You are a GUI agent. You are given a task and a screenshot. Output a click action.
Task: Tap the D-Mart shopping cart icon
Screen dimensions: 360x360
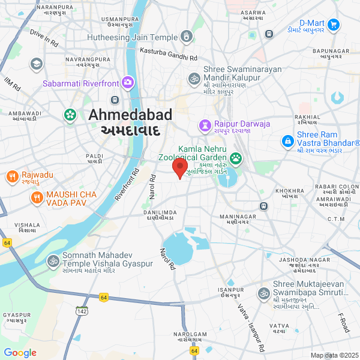(334, 25)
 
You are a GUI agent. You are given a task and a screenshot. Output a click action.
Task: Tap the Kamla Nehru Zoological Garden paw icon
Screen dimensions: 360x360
(236, 158)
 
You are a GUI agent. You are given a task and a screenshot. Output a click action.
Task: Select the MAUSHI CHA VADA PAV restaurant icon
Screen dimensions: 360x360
(37, 196)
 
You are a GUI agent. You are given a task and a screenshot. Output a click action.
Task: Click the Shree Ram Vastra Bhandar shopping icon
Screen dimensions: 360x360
(288, 140)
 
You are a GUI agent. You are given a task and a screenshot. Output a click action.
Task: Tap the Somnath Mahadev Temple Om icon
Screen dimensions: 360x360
(53, 261)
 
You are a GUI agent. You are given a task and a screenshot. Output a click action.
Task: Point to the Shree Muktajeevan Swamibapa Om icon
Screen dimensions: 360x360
(263, 293)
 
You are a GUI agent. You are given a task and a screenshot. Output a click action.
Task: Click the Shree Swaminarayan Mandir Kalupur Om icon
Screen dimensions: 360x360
(194, 78)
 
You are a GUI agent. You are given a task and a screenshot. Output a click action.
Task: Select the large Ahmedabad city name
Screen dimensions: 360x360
(130, 115)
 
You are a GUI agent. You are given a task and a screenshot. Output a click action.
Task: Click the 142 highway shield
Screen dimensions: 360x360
(82, 310)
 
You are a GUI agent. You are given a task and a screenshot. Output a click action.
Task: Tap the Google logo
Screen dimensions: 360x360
(20, 353)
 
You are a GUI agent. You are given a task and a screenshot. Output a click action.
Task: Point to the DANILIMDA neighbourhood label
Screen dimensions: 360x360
(159, 215)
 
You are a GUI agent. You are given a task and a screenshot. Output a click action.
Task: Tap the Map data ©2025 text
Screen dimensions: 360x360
(334, 355)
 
